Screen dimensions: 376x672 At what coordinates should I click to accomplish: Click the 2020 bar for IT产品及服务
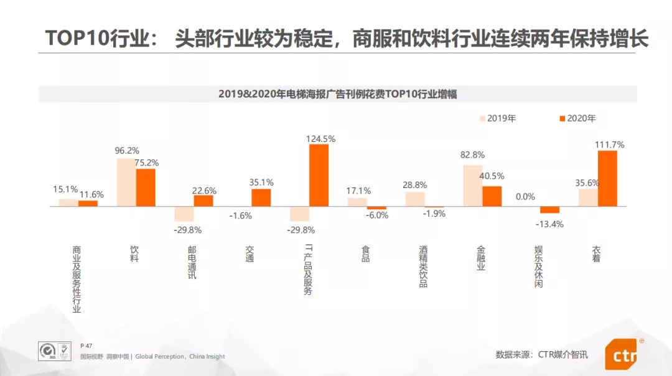click(319, 176)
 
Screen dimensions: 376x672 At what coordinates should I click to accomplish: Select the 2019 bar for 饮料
click(126, 182)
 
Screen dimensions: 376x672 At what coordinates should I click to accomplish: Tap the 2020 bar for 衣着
click(607, 178)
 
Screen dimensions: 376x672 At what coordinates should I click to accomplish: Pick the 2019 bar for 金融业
click(472, 186)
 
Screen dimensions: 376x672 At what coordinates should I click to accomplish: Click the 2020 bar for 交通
click(261, 197)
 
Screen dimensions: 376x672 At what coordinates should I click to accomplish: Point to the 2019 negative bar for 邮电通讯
click(184, 214)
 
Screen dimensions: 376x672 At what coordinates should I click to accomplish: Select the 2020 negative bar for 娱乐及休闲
click(549, 210)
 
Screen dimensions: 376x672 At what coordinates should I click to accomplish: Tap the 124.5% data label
click(320, 139)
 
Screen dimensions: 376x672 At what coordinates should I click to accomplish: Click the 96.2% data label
click(127, 151)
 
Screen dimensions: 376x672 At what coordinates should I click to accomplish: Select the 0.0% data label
click(525, 197)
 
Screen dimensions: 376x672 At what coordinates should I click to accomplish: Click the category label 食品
click(365, 254)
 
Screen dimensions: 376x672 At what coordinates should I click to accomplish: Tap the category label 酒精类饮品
click(423, 266)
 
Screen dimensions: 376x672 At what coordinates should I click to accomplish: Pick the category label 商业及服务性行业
click(77, 278)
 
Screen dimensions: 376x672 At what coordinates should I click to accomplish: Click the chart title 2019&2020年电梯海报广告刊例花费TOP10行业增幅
click(337, 94)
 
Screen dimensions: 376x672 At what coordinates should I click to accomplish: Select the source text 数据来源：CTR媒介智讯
click(541, 355)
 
